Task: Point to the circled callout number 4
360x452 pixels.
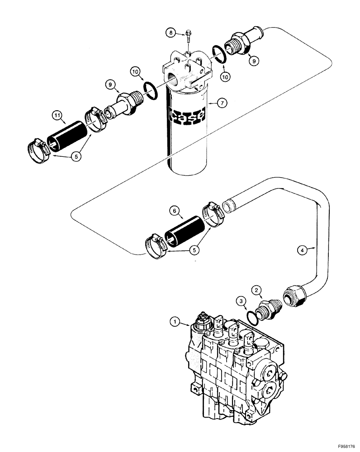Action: (302, 248)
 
